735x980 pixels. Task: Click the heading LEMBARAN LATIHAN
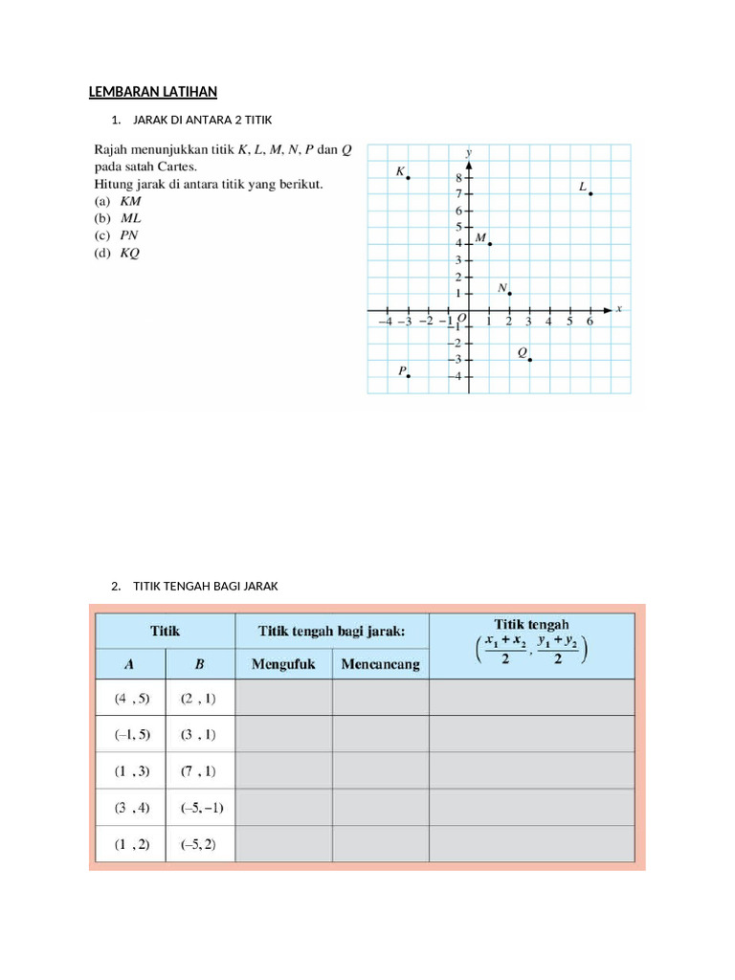click(153, 92)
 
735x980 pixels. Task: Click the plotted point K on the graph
click(409, 178)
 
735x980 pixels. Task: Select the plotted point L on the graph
click(591, 194)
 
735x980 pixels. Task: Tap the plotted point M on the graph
click(490, 244)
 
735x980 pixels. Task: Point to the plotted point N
click(510, 294)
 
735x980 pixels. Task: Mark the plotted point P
click(409, 376)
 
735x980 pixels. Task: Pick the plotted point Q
click(530, 359)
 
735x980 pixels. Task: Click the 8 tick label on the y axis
click(458, 178)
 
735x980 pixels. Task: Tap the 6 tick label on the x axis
click(590, 322)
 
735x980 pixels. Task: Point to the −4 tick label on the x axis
click(385, 322)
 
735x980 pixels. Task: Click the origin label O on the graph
click(461, 319)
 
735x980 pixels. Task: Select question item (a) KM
click(117, 202)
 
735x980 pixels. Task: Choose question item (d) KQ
click(117, 254)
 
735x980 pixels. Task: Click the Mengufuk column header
click(283, 664)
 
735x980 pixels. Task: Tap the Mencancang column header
click(381, 664)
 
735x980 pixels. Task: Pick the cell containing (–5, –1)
click(201, 808)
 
